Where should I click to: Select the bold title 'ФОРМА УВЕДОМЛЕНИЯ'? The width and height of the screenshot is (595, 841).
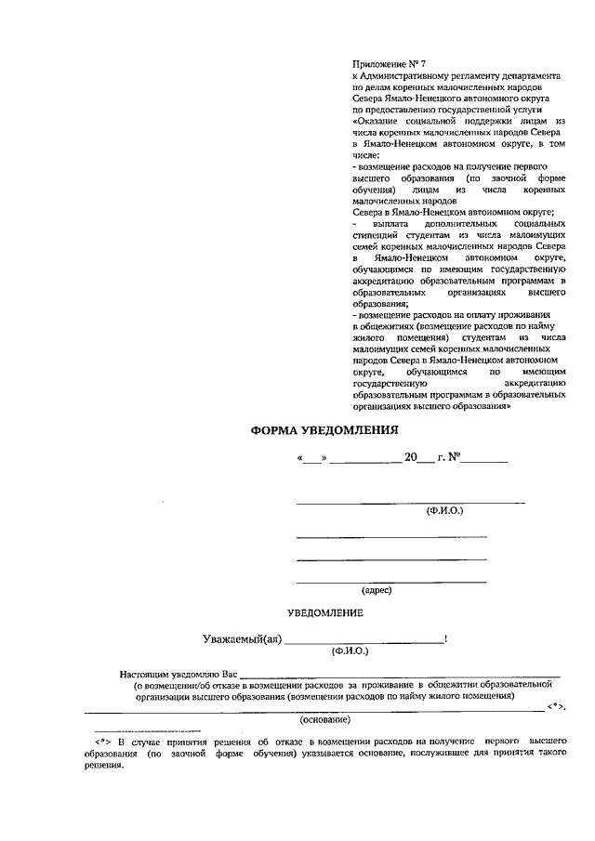(x=324, y=429)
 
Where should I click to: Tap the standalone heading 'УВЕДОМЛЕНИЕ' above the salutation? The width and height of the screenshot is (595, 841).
(x=324, y=613)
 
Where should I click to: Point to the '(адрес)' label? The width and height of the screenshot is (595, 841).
(x=377, y=589)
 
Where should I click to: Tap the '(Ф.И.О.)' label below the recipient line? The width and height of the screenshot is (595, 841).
(x=444, y=511)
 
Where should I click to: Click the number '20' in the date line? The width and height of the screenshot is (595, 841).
(x=410, y=457)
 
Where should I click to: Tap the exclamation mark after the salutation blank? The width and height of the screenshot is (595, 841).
(x=447, y=638)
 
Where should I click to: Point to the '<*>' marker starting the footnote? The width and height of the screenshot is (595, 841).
(x=103, y=741)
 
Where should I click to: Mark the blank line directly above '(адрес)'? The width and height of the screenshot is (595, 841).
(x=390, y=581)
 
